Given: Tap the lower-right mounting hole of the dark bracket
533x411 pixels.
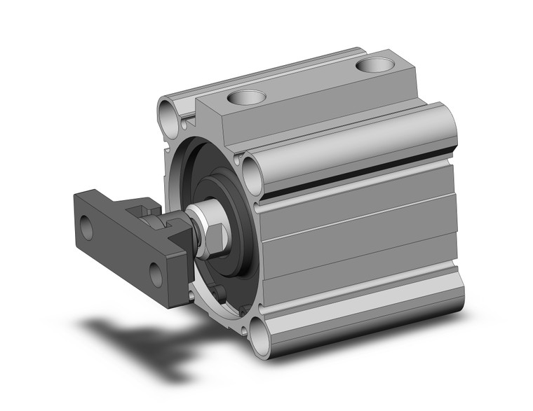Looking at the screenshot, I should tap(156, 274).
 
